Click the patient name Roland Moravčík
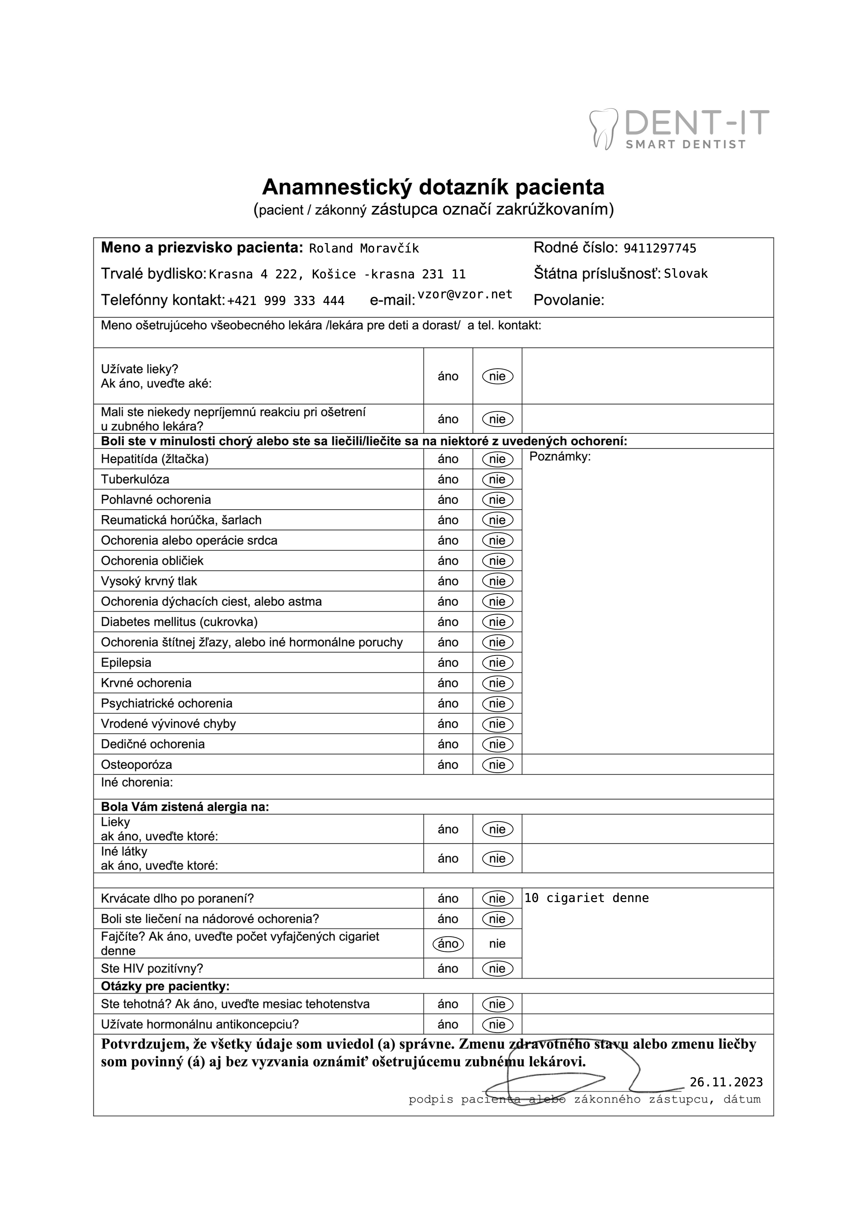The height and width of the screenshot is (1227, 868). [364, 248]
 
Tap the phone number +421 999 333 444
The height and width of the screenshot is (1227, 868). [286, 301]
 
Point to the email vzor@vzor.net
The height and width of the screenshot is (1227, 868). [465, 295]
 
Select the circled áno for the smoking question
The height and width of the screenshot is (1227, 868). [448, 944]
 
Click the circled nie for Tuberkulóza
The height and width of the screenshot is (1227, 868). [497, 480]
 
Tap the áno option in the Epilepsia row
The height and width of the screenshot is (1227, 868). [448, 663]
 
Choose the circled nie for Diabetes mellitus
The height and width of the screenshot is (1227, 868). [497, 622]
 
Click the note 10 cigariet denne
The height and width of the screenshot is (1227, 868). [587, 898]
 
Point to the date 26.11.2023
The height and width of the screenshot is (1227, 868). [726, 1082]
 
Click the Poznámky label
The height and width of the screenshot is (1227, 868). [560, 457]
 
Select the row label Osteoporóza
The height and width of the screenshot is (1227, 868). [136, 765]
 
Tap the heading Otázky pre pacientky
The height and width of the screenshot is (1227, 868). [165, 986]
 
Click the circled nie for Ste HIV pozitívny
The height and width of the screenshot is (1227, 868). [497, 969]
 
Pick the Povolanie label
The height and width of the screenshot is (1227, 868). [569, 300]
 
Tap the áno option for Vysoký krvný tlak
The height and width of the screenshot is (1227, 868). [448, 581]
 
